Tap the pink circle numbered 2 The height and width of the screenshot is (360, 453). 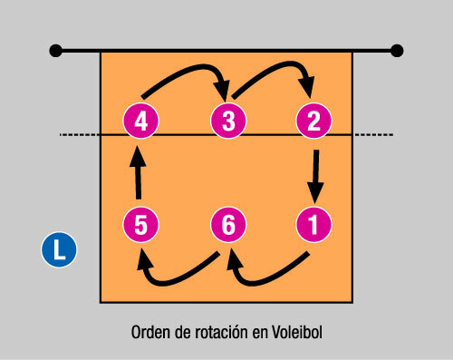313,119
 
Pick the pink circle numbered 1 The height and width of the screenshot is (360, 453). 313,223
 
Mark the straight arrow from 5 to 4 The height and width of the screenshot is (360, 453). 138,172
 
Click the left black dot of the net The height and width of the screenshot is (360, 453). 56,50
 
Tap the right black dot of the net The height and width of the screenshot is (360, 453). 396,50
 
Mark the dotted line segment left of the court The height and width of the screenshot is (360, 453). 79,135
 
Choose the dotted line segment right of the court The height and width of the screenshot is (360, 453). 373,135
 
